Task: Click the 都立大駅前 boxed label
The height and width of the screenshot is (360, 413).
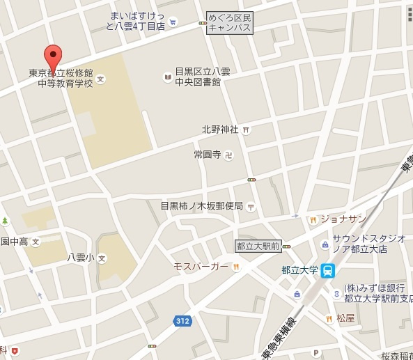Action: (x=258, y=246)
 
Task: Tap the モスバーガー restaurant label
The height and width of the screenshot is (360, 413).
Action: (x=202, y=267)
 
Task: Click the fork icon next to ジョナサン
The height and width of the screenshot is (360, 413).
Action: (x=313, y=219)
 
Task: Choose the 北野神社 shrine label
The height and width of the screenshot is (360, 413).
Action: (x=220, y=129)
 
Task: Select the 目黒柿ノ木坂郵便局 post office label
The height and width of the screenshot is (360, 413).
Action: (x=201, y=205)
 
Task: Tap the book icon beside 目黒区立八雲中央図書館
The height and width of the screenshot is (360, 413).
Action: (x=167, y=76)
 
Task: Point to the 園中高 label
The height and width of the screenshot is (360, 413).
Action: (x=15, y=242)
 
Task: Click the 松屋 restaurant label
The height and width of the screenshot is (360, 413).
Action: (x=345, y=318)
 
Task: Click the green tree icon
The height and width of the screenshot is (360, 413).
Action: (x=5, y=221)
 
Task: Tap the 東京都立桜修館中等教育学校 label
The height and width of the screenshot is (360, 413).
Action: (x=70, y=77)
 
